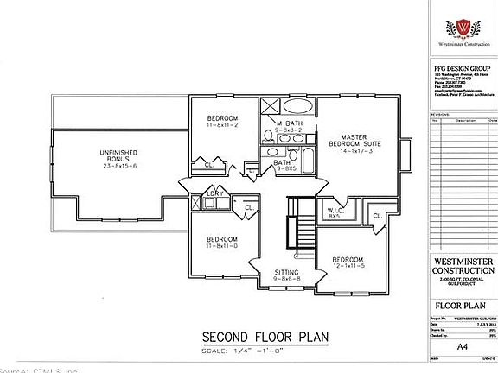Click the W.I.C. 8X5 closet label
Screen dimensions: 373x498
pyautogui.click(x=336, y=212)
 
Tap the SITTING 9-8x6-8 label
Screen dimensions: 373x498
pyautogui.click(x=286, y=275)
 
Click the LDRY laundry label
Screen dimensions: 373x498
pyautogui.click(x=214, y=193)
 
